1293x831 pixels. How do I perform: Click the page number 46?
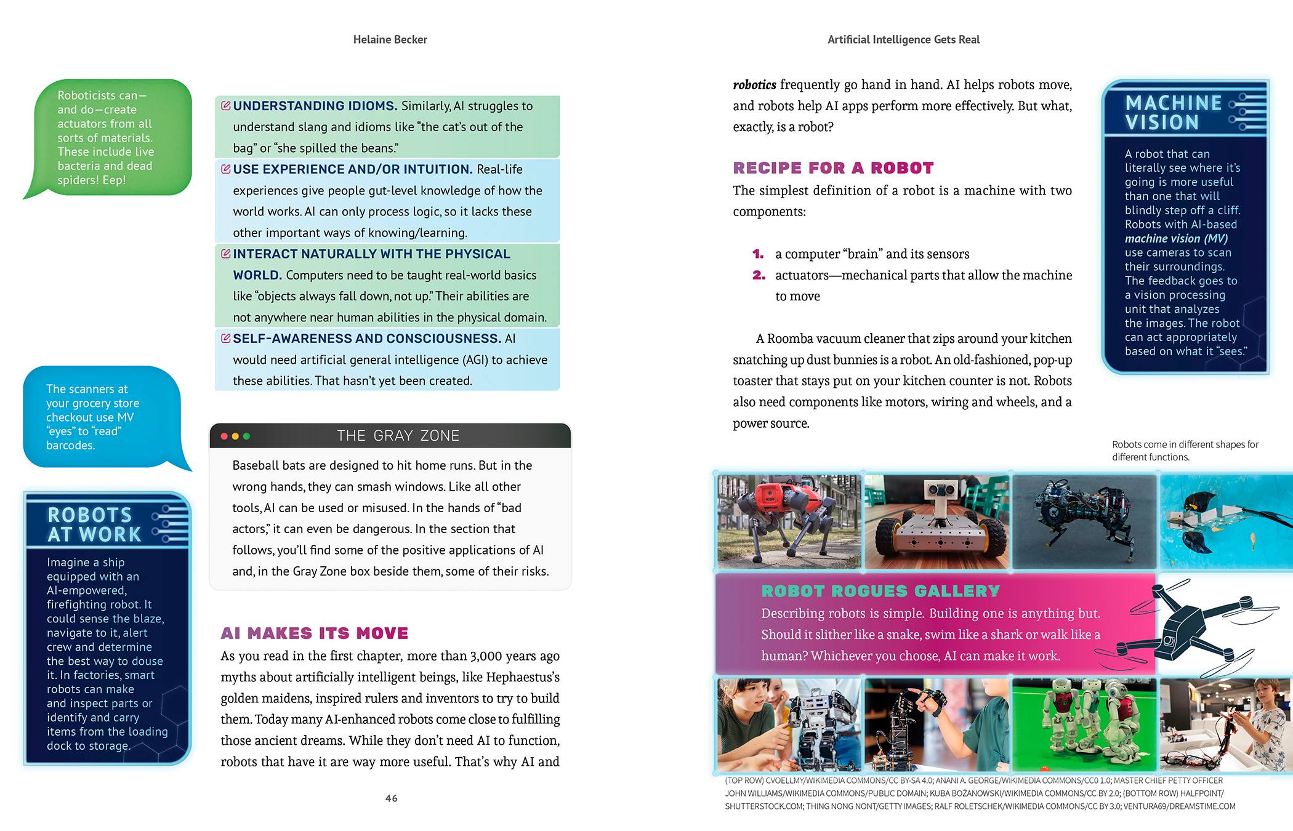392,798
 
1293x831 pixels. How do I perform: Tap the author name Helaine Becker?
390,40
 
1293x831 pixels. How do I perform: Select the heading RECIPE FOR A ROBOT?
833,168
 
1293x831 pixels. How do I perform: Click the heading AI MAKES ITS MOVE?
315,633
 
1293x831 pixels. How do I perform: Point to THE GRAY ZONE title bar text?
398,436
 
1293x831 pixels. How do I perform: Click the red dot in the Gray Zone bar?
224,436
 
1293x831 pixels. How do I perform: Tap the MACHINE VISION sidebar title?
1173,113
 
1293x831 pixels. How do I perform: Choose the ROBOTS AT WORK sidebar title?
94,524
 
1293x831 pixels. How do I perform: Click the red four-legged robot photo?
789,521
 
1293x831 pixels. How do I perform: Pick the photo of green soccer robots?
1084,724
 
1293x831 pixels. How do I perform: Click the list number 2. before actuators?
759,275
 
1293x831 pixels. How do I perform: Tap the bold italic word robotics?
754,85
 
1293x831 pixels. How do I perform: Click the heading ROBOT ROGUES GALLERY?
880,591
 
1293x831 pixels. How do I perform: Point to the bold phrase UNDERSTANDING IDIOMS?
315,106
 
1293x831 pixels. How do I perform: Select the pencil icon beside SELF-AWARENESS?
225,339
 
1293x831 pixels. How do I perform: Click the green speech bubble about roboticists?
108,138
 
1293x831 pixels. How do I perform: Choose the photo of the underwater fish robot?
1225,521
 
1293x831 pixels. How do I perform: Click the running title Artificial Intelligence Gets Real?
903,40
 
